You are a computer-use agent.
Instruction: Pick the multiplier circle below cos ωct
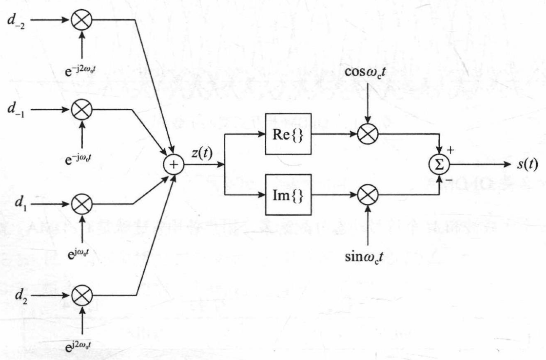click(x=369, y=133)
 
